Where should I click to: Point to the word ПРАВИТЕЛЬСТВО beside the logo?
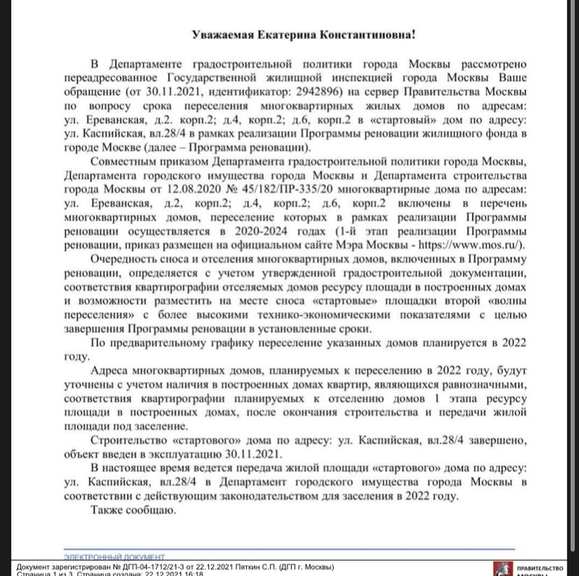[539, 567]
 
